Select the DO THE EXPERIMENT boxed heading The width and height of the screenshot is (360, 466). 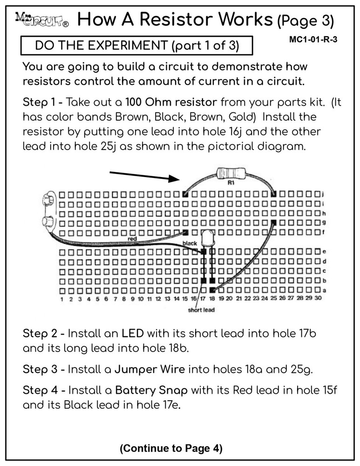(137, 46)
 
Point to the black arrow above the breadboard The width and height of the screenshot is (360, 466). (144, 176)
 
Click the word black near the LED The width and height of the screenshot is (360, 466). (190, 243)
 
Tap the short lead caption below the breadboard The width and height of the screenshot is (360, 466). (201, 309)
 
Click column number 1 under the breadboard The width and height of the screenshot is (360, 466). (62, 299)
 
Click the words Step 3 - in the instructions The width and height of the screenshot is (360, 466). (44, 370)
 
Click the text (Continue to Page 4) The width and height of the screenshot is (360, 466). (171, 448)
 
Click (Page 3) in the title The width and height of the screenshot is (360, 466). (306, 20)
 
